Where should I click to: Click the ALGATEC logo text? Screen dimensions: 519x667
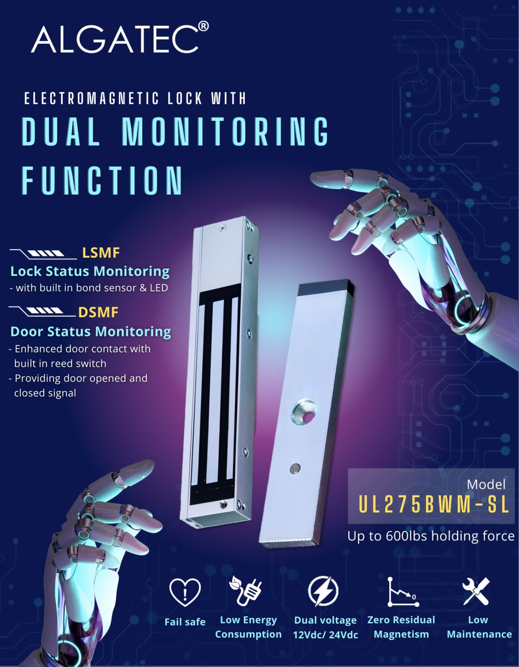(115, 39)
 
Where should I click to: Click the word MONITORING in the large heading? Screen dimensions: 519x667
(225, 131)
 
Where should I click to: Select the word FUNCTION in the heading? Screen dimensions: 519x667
(102, 180)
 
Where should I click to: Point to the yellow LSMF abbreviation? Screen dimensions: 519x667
(101, 253)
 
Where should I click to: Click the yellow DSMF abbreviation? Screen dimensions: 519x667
(98, 312)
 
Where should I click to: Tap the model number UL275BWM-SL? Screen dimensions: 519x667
(433, 505)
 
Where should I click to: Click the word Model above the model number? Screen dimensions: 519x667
(486, 484)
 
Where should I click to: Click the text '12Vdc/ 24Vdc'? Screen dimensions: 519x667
(326, 635)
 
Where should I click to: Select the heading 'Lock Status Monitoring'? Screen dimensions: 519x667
(90, 271)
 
